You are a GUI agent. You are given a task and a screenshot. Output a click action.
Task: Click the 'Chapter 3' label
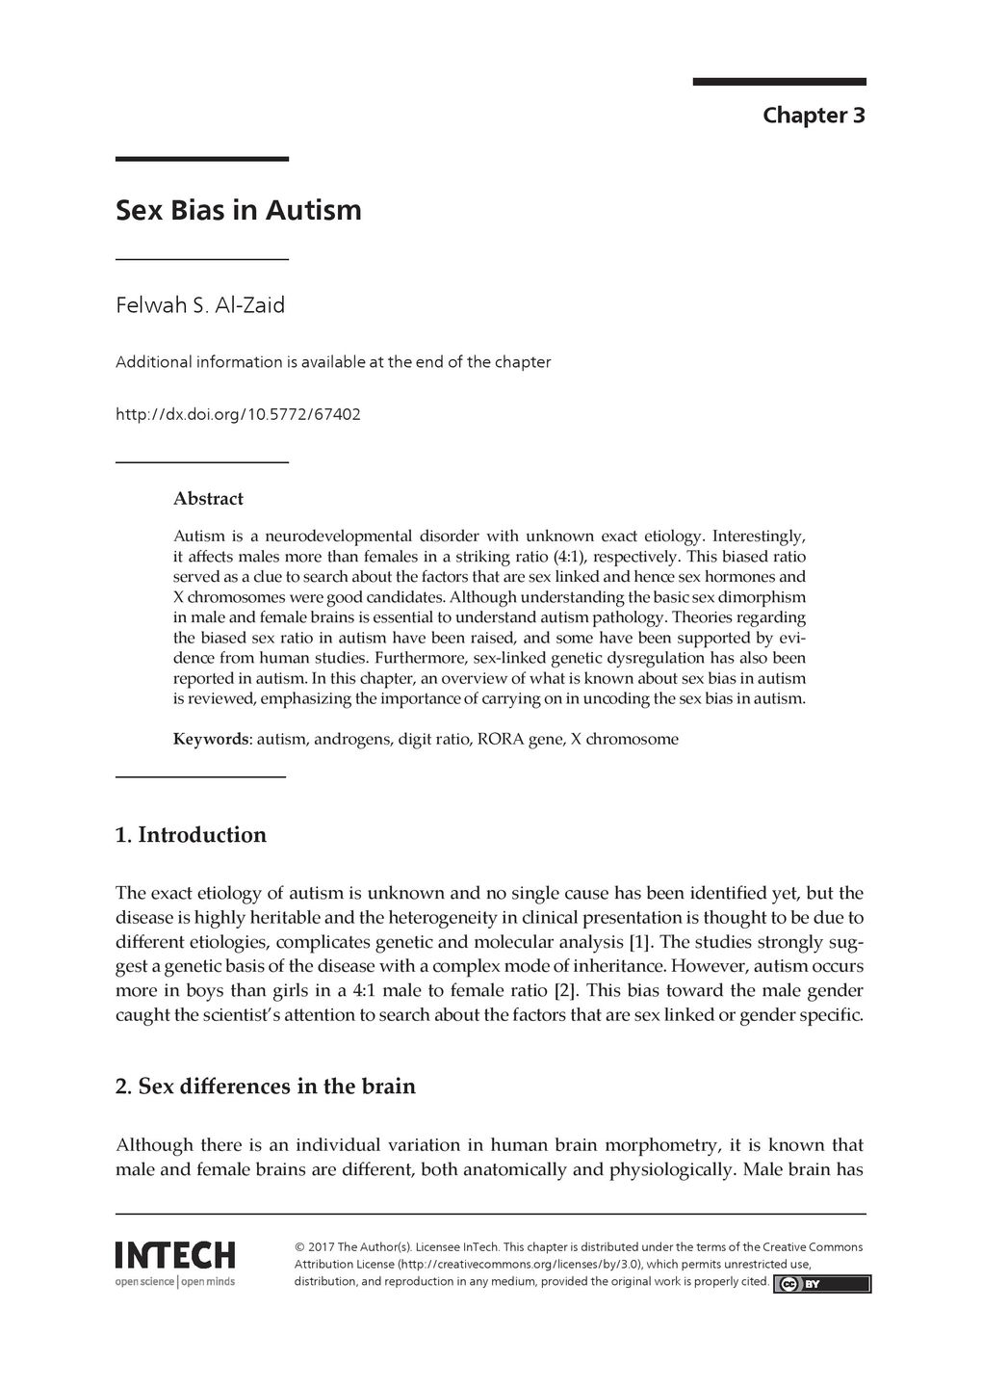814,116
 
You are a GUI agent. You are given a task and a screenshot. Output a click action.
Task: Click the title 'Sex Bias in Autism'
239,210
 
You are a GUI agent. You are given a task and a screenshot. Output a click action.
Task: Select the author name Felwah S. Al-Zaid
200,306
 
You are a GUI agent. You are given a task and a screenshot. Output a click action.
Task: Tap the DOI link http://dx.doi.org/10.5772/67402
238,415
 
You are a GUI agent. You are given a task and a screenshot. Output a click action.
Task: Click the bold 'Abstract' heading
208,499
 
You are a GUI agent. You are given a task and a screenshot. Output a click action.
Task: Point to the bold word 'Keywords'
211,740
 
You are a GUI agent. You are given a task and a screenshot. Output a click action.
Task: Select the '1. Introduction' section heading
191,835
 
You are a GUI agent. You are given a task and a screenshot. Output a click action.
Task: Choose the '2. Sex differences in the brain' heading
265,1086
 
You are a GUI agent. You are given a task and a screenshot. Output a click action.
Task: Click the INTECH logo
175,1255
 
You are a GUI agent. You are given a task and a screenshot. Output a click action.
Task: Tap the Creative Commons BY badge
822,1284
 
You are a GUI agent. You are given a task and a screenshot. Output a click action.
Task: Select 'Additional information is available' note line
333,363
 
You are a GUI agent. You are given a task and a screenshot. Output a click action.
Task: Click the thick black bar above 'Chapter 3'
779,82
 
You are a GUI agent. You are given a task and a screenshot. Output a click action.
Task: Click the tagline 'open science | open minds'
175,1282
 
